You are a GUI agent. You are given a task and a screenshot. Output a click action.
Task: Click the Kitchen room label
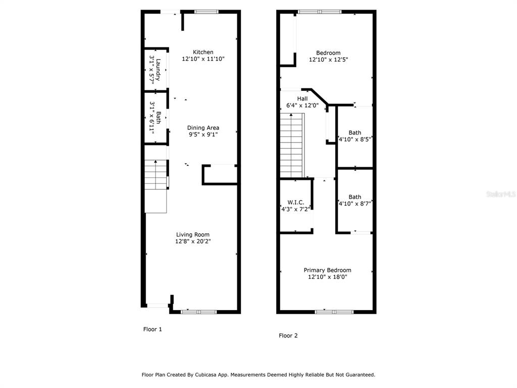click(203, 52)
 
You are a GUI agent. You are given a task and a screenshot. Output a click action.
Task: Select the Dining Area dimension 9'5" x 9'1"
click(203, 135)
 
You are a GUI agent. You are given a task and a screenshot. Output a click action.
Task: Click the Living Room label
click(192, 234)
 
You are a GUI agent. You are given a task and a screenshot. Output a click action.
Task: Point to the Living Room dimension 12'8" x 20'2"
click(192, 241)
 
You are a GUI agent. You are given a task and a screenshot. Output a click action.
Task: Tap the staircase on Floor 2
click(292, 145)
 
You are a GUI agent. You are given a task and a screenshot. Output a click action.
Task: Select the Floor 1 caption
click(152, 329)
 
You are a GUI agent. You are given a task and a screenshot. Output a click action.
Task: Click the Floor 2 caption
click(288, 335)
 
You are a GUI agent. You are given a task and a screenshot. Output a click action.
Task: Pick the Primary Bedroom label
click(327, 270)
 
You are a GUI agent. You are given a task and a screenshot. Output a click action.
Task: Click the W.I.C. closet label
click(295, 202)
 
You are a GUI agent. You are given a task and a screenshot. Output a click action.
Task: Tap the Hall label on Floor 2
click(302, 99)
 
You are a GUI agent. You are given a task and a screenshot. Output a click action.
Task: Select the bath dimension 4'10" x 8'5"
click(355, 139)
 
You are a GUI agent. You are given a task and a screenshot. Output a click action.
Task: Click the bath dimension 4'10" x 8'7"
click(355, 204)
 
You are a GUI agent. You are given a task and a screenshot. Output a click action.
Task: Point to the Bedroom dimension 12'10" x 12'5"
click(328, 60)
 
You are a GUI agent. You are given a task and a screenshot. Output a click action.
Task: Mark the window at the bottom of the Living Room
click(199, 312)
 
